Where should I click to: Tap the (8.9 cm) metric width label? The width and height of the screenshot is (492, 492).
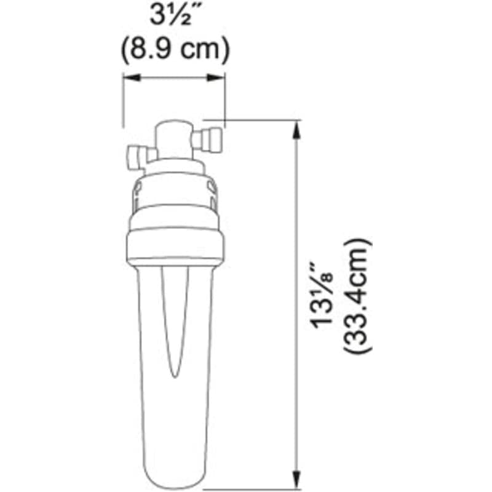coord(175,49)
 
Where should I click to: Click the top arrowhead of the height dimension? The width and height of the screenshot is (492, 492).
coord(298,128)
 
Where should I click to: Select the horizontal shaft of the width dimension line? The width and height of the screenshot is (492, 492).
coord(175,77)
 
